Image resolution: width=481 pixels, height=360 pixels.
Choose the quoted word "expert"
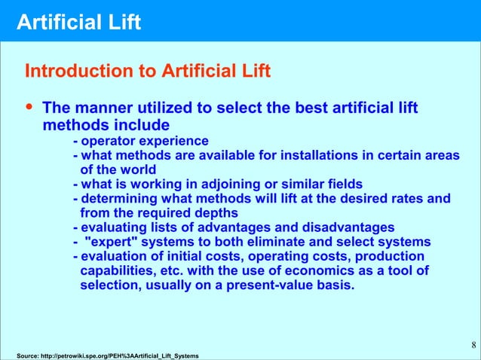tap(110, 243)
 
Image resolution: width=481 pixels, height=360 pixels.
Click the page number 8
tap(473, 346)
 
